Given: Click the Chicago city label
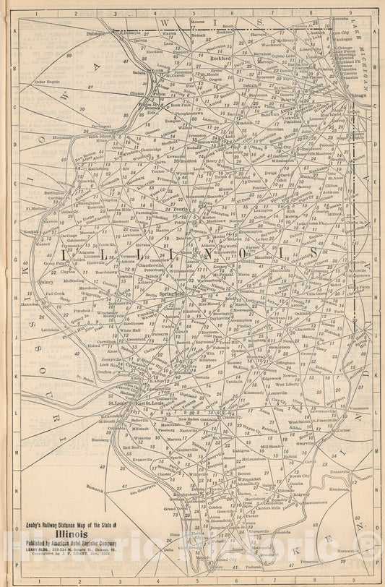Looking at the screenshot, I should [358, 95].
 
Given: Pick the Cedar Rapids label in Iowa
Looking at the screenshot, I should [48, 81].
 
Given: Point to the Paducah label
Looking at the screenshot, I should [254, 575].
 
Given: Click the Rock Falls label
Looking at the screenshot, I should [181, 105].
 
